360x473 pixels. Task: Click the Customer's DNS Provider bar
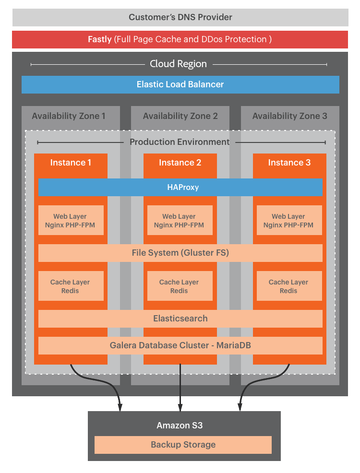coord(180,17)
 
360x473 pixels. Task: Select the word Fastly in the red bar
coord(100,39)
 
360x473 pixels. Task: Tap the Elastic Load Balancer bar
coord(180,84)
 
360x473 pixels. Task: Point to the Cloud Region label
coord(178,64)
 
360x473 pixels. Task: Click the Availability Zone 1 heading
coord(69,116)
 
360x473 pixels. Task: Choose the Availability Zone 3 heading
coord(289,116)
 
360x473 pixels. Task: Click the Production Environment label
coord(180,142)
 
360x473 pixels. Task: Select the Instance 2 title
coord(180,163)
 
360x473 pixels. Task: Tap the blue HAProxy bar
coord(180,187)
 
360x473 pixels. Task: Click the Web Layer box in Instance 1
coord(71,221)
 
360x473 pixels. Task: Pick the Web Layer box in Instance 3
coord(288,221)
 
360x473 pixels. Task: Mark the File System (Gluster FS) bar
coord(180,253)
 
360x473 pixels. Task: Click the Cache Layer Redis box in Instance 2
coord(179,286)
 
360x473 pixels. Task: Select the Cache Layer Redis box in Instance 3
coord(288,286)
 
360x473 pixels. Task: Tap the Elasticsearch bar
coord(180,319)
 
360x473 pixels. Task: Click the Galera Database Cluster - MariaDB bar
coord(180,345)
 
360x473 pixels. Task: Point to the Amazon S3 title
coord(183,426)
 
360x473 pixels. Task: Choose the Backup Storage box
coord(183,445)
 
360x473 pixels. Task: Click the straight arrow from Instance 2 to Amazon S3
coord(180,389)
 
